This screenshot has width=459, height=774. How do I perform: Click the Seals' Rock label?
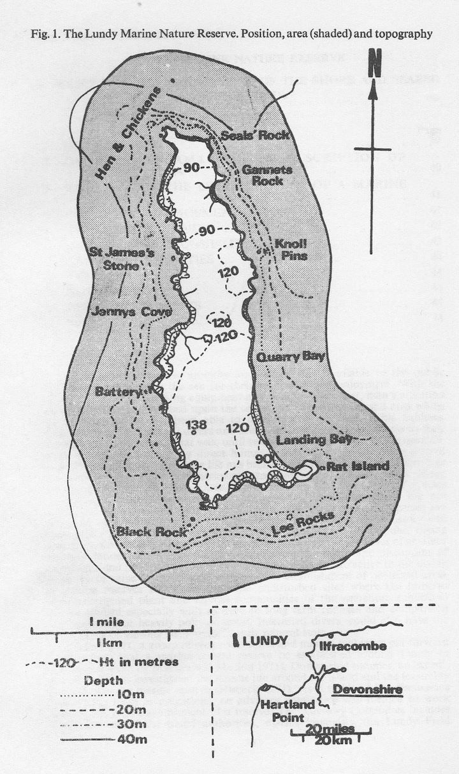(255, 136)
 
